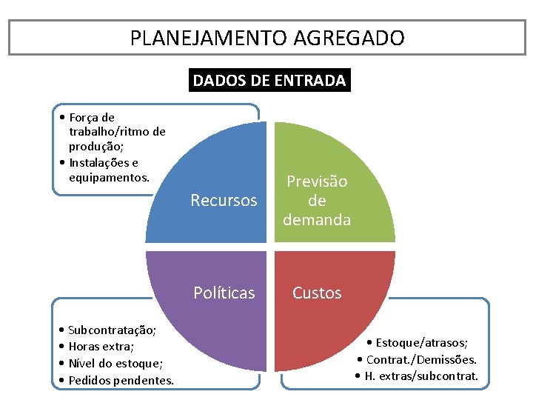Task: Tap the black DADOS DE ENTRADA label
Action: click(x=269, y=81)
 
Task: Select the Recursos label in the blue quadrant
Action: click(x=224, y=200)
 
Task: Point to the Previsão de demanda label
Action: click(x=317, y=201)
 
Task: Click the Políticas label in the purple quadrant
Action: click(x=224, y=293)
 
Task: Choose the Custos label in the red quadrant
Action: click(x=317, y=293)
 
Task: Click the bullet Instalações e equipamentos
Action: click(x=108, y=170)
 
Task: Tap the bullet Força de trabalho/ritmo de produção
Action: click(x=115, y=132)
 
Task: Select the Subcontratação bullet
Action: click(x=111, y=330)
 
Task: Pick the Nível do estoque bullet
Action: click(x=115, y=363)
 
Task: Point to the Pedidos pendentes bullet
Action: click(x=121, y=380)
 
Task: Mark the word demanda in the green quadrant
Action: click(x=317, y=219)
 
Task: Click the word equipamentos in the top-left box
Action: click(x=109, y=178)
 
